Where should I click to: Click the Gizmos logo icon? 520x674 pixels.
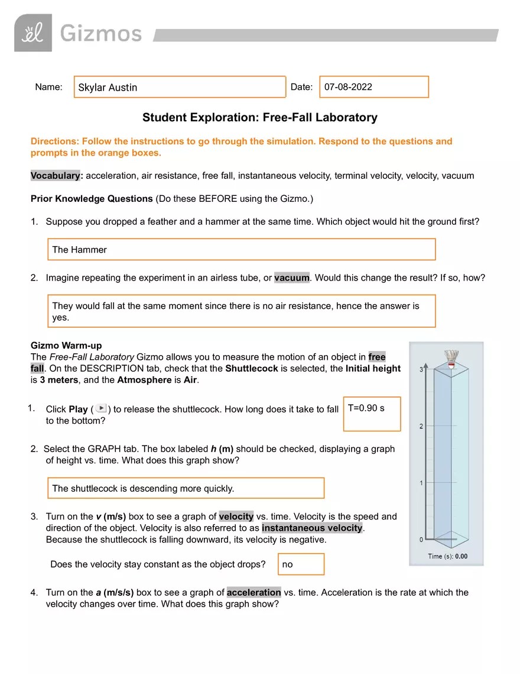click(x=33, y=33)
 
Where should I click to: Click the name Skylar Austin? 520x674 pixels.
click(x=108, y=88)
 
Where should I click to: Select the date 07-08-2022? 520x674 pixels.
click(x=348, y=87)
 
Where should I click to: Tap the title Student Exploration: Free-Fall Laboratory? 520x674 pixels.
click(x=259, y=117)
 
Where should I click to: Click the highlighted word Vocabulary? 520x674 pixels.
click(x=56, y=176)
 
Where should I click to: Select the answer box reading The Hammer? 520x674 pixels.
click(x=241, y=250)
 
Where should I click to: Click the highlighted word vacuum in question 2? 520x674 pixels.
click(x=292, y=278)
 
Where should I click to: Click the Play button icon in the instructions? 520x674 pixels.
click(x=101, y=409)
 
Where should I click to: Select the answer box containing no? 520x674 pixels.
click(x=301, y=564)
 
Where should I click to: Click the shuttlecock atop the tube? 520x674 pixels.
click(x=452, y=359)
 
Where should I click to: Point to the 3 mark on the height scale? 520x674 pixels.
click(x=421, y=369)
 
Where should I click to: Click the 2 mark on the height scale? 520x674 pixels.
click(x=421, y=426)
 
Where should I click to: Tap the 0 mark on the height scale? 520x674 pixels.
click(x=421, y=540)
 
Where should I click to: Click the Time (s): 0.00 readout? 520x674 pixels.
click(x=447, y=556)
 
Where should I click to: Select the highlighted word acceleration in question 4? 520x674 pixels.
click(x=253, y=592)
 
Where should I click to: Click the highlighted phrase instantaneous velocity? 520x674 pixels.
click(x=312, y=528)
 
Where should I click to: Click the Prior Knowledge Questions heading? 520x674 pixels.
click(x=92, y=199)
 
